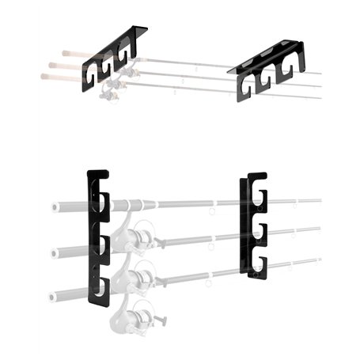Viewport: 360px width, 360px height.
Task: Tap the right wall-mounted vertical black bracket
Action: [x=255, y=225]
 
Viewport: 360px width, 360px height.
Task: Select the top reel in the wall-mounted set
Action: [x=138, y=237]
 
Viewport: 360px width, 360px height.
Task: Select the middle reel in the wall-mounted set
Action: [x=136, y=278]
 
